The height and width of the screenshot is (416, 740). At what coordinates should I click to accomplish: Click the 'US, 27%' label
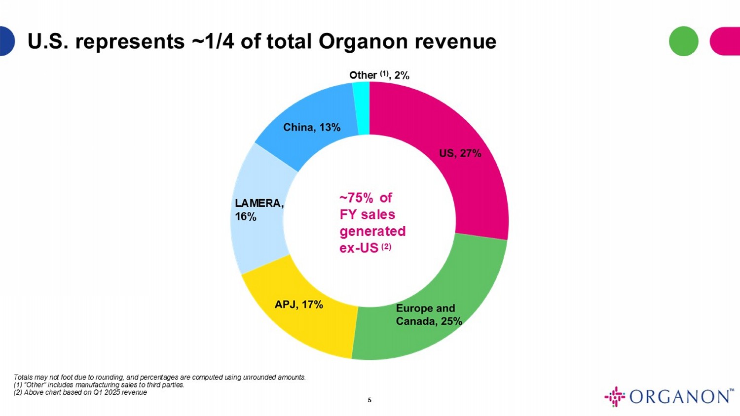(x=460, y=153)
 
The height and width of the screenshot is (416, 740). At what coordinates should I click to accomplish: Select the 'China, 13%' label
(x=312, y=127)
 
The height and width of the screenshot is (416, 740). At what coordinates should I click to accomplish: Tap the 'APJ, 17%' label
(x=298, y=305)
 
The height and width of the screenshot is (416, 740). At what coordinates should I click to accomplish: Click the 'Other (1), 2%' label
(x=379, y=75)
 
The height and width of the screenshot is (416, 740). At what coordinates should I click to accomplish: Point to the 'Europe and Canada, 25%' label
(x=428, y=315)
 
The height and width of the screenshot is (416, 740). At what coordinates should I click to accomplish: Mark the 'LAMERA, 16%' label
(x=259, y=209)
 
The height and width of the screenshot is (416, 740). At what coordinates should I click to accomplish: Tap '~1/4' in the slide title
(x=212, y=41)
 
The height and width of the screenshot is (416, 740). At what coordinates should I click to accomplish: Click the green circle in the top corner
(x=683, y=41)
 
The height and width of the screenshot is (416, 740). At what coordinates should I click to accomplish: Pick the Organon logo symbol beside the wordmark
(x=615, y=396)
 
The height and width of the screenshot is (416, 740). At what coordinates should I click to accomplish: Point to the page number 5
(x=370, y=400)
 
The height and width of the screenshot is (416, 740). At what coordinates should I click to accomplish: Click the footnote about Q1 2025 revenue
(x=80, y=393)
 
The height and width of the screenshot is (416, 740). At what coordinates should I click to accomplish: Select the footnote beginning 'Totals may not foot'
(x=159, y=378)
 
